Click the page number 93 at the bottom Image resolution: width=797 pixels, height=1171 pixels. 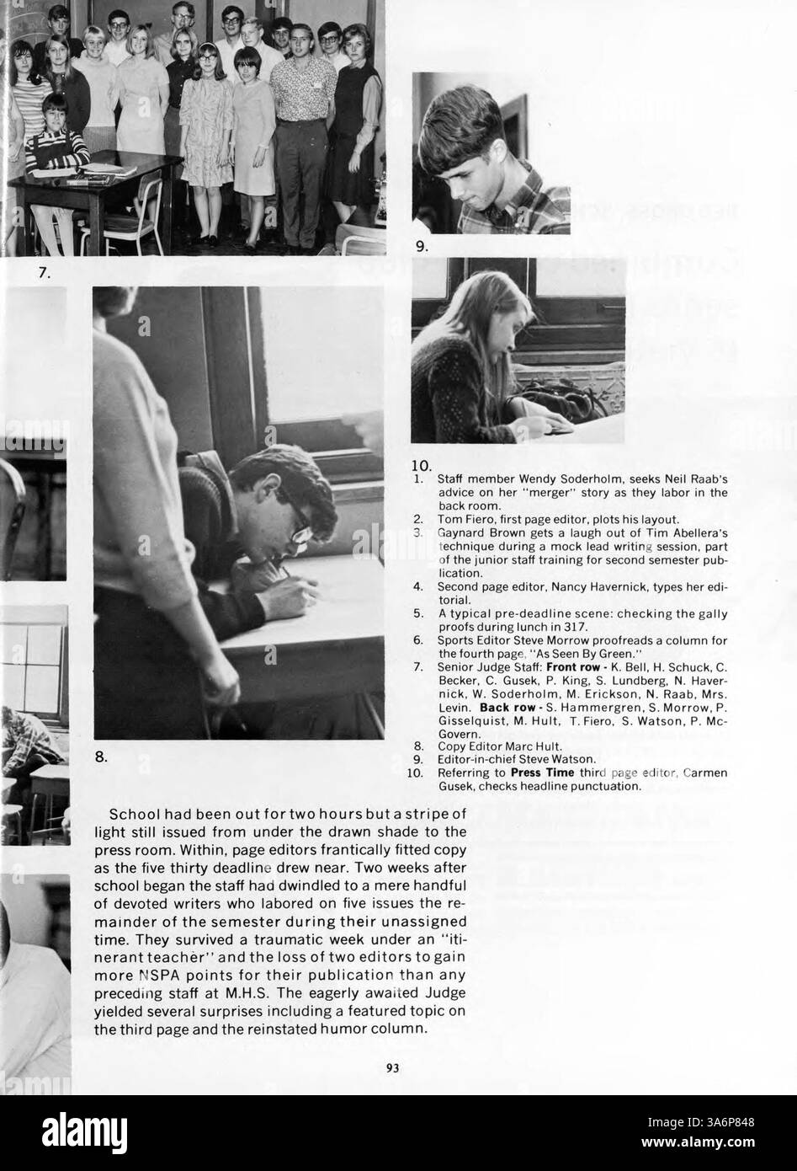click(x=392, y=1067)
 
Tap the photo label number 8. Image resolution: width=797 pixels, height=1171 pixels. click(x=100, y=757)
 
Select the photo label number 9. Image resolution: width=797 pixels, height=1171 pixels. click(x=421, y=247)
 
